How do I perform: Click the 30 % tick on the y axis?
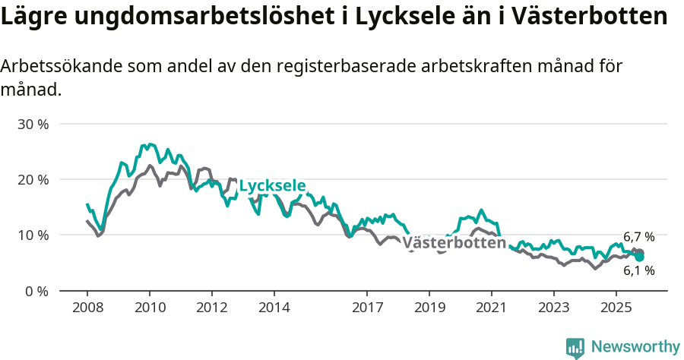point(33,124)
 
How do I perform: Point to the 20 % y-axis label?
point(33,179)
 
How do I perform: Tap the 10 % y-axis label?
point(33,235)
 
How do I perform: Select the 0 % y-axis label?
point(36,291)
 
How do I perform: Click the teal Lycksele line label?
point(272,186)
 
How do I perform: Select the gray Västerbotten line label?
point(454,243)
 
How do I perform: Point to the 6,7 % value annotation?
point(638,237)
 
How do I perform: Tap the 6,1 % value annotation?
point(638,270)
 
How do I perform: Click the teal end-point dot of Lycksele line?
point(640,257)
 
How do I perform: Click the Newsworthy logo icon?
point(575,347)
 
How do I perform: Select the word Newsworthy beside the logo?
point(635,347)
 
